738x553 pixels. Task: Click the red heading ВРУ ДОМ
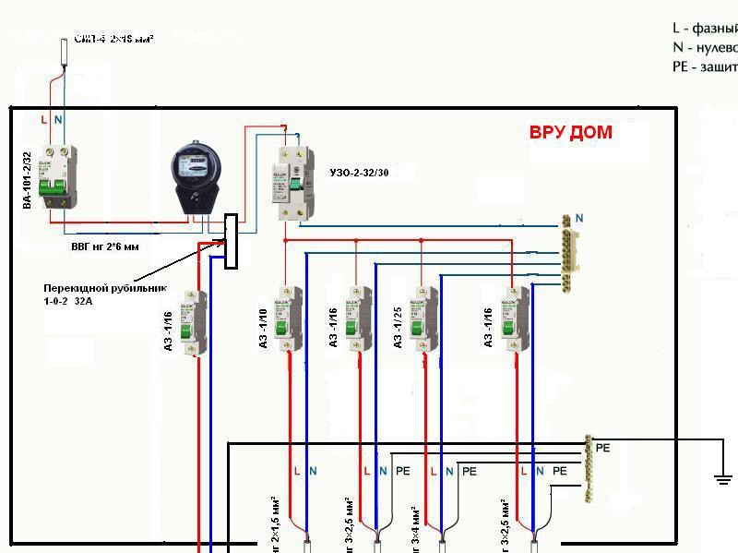click(x=570, y=132)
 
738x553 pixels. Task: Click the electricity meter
click(x=196, y=176)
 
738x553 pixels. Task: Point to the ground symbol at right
click(x=722, y=478)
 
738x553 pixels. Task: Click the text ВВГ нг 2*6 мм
click(x=105, y=247)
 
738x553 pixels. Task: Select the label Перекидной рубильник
click(x=104, y=287)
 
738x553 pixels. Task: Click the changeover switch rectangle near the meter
click(x=231, y=242)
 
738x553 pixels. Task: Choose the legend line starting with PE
click(x=706, y=66)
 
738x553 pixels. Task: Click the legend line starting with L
click(x=706, y=29)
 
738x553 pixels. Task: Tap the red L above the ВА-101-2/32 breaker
click(x=44, y=120)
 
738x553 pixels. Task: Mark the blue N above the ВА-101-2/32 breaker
click(x=58, y=120)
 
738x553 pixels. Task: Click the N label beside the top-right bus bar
click(x=579, y=218)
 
